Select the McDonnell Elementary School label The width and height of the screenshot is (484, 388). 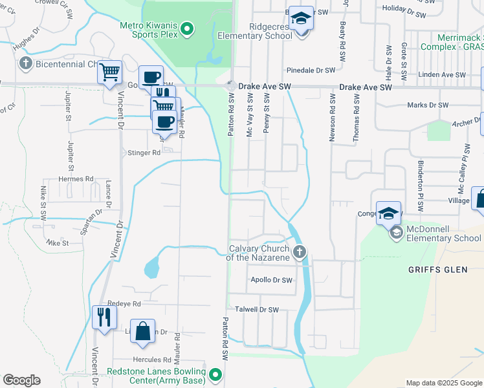point(444,238)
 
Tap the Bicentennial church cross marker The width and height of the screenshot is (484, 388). point(25,63)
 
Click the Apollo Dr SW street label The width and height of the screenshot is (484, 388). point(271,280)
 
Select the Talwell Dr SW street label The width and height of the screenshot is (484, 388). point(256,310)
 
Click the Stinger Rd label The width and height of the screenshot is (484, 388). point(144,153)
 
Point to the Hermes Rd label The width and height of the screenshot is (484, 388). point(76,179)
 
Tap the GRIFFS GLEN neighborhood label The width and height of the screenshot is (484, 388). point(438,270)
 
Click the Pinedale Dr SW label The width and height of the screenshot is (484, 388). point(311,70)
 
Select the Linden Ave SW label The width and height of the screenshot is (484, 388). point(443,75)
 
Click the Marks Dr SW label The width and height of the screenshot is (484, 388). point(427,105)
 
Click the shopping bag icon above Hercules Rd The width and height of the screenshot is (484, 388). point(143,331)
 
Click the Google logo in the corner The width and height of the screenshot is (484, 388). point(21,380)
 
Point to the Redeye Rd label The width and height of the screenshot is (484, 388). point(125,303)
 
